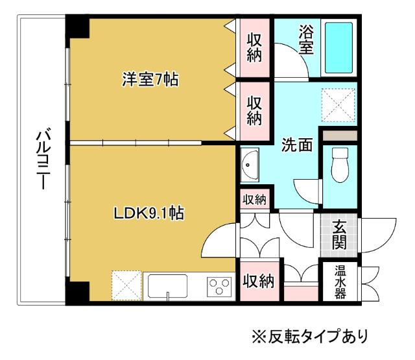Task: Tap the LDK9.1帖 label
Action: click(x=148, y=213)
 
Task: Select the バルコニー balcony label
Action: click(x=43, y=160)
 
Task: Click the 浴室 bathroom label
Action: click(x=306, y=40)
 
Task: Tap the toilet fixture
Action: click(x=339, y=166)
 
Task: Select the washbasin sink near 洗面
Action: click(x=250, y=166)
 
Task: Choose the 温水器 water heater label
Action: click(x=340, y=280)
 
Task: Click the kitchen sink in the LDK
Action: click(x=167, y=286)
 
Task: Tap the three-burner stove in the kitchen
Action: click(x=219, y=286)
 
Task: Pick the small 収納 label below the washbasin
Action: click(x=254, y=200)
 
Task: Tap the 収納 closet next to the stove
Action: click(x=258, y=281)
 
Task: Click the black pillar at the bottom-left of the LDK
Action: click(x=75, y=293)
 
